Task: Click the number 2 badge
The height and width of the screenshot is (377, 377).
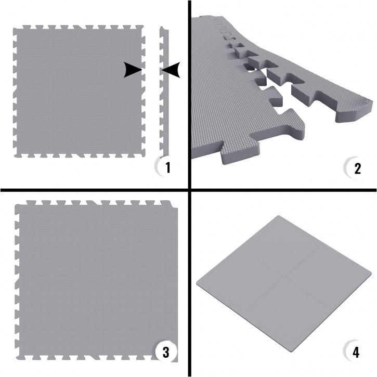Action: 356,168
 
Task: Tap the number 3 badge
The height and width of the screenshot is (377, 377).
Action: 166,352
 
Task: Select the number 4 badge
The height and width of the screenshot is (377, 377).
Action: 356,352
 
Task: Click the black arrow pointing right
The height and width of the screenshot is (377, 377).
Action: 133,70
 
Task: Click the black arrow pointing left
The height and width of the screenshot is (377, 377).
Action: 171,70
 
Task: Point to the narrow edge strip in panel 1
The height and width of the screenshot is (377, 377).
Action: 164,92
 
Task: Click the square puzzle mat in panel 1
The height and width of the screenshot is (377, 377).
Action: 80,92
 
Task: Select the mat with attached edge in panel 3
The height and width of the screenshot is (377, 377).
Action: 96,280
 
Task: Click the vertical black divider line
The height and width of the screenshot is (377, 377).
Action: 189,188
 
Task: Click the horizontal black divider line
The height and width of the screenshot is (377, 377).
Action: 188,190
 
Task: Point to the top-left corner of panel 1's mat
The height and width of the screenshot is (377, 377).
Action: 14,29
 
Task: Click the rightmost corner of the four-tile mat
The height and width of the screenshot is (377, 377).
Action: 372,274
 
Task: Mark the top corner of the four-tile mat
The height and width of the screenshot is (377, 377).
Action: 279,215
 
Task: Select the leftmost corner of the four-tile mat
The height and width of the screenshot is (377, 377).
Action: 197,282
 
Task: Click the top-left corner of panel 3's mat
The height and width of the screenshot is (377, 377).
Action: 16,204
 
